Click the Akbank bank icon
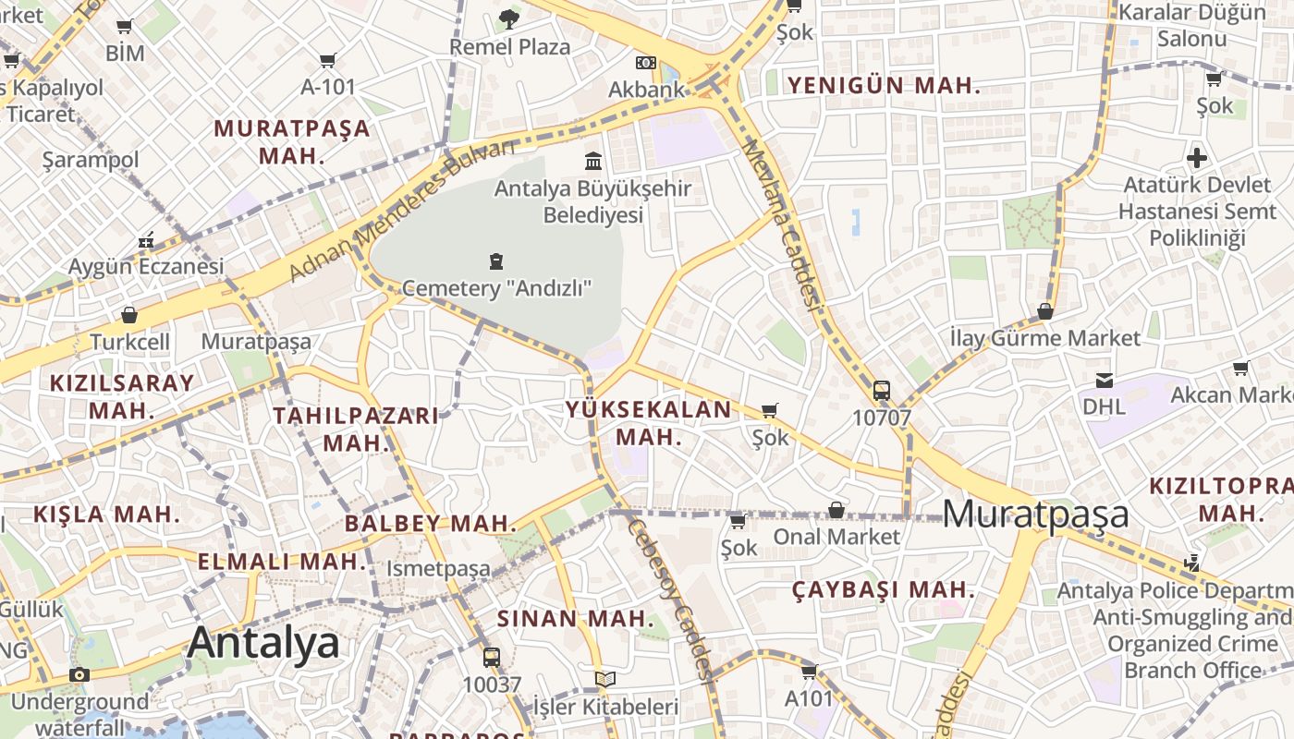click(x=646, y=63)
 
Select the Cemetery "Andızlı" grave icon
click(x=496, y=260)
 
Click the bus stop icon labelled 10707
click(x=881, y=390)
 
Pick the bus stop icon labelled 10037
click(x=492, y=658)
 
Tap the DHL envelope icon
click(x=1104, y=380)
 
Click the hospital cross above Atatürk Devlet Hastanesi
click(x=1197, y=157)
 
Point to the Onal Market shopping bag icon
click(x=836, y=509)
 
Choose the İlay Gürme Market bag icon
click(x=1045, y=311)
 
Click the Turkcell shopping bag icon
click(x=129, y=315)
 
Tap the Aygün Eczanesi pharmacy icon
click(x=146, y=240)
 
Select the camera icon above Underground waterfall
click(x=79, y=674)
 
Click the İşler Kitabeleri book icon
click(x=605, y=680)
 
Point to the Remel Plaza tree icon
click(x=509, y=18)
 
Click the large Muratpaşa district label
click(x=1036, y=514)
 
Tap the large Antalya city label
click(x=263, y=643)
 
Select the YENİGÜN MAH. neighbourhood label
click(x=883, y=86)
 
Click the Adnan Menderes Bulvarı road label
click(x=402, y=211)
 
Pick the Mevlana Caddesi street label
click(x=782, y=224)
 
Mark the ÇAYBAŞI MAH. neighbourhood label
click(x=884, y=589)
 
